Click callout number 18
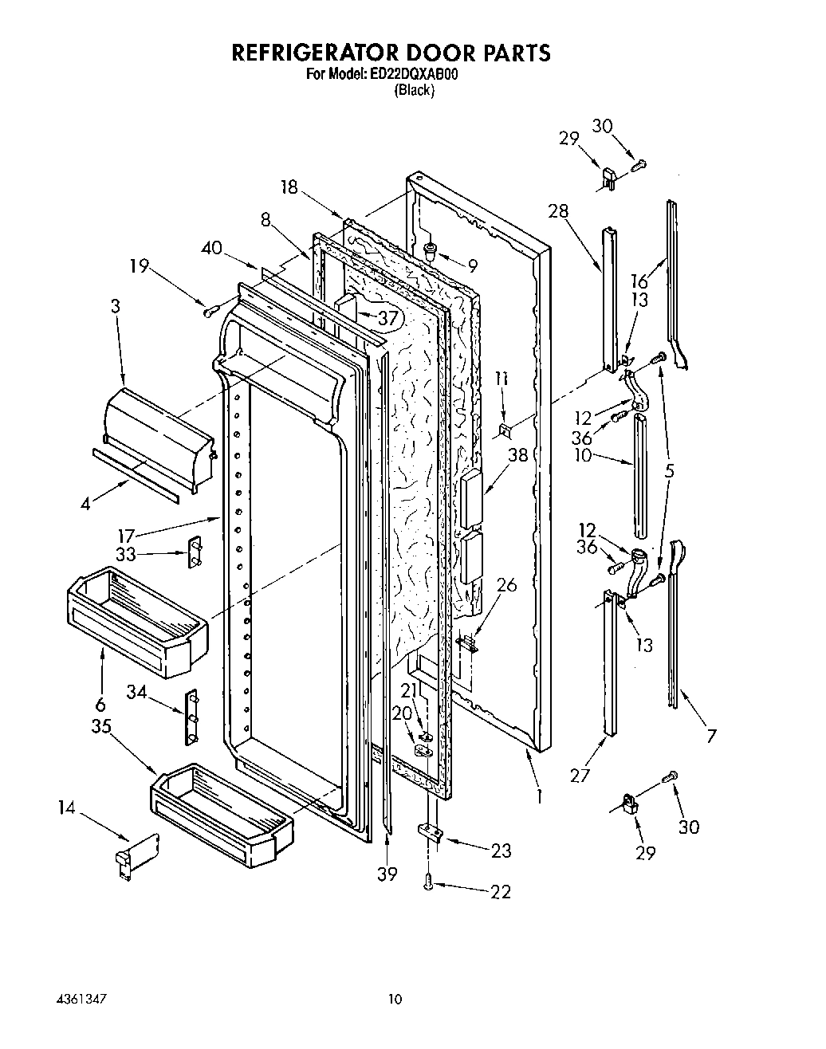click(x=289, y=187)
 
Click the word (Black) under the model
click(x=414, y=90)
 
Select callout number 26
click(x=505, y=586)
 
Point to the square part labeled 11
click(x=505, y=431)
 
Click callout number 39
click(x=387, y=874)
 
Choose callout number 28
click(x=559, y=211)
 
